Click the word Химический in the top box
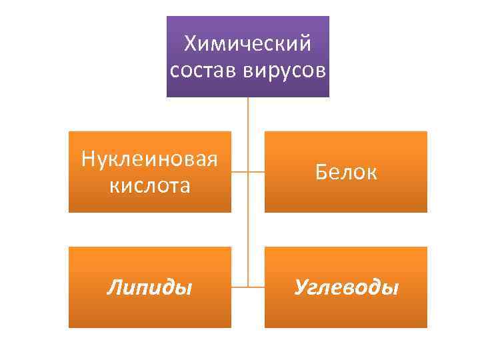(x=248, y=44)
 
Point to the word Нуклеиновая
(x=150, y=160)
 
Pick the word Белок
(x=346, y=173)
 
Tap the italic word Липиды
(x=150, y=287)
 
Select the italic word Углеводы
(x=346, y=287)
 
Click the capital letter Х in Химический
(x=191, y=44)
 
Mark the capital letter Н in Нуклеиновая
(x=87, y=160)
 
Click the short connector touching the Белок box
(x=257, y=171)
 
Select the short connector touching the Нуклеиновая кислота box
(x=239, y=171)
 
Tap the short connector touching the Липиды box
(x=239, y=287)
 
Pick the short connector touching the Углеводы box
(x=257, y=287)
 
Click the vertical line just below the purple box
(x=248, y=113)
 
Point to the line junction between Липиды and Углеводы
(x=248, y=287)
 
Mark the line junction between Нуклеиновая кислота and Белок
(x=248, y=171)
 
